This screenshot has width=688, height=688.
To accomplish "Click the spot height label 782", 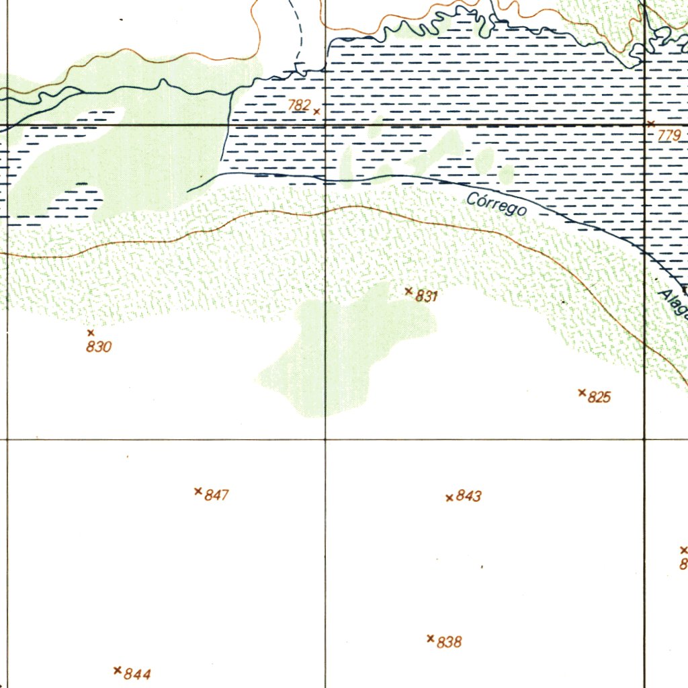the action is pos(299,105).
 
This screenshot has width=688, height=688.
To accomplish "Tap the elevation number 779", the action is pos(669,136).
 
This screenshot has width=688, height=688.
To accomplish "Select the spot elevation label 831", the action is pos(427,296).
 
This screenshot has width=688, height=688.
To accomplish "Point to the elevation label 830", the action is pos(99,347).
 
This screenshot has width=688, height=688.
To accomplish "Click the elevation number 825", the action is pos(599,397).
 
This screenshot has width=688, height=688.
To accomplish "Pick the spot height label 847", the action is pos(217,496).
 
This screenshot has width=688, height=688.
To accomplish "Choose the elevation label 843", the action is pos(469,497).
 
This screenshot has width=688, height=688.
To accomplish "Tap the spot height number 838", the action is pos(449,642).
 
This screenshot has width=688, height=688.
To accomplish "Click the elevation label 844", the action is pos(137,675).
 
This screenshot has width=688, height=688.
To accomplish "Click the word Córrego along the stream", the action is pos(497,204).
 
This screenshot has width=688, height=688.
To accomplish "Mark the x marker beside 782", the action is pos(316,111).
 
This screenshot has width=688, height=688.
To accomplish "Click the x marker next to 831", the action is pos(408,291).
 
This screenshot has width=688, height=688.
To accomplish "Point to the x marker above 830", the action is pos(91,333).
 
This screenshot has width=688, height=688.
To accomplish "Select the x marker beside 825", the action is pos(582,392).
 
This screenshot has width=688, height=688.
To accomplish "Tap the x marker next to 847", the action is pos(198,491).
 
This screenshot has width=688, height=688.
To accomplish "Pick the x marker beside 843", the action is pos(449,498).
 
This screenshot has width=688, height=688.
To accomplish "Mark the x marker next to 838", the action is pos(430,638).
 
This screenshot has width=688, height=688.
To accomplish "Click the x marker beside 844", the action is pos(118,670).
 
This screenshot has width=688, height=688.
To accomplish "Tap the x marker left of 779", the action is pos(650,124).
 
